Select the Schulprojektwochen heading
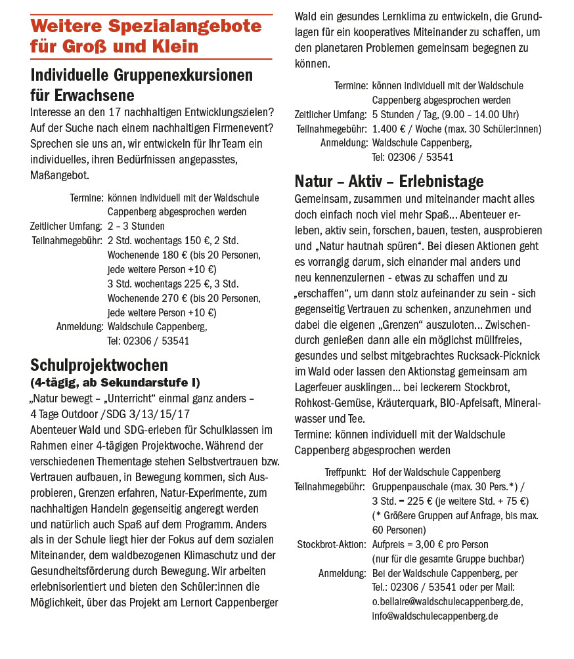99,365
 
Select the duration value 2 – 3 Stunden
136,226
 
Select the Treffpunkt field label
345,473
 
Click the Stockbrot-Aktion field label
331,545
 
